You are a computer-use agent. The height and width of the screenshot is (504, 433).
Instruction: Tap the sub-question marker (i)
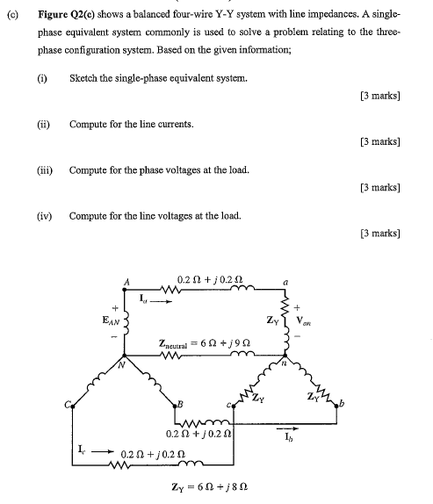click(41, 78)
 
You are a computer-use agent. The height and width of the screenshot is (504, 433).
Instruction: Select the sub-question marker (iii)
click(43, 169)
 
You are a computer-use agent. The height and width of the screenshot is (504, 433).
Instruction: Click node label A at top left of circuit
click(126, 281)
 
